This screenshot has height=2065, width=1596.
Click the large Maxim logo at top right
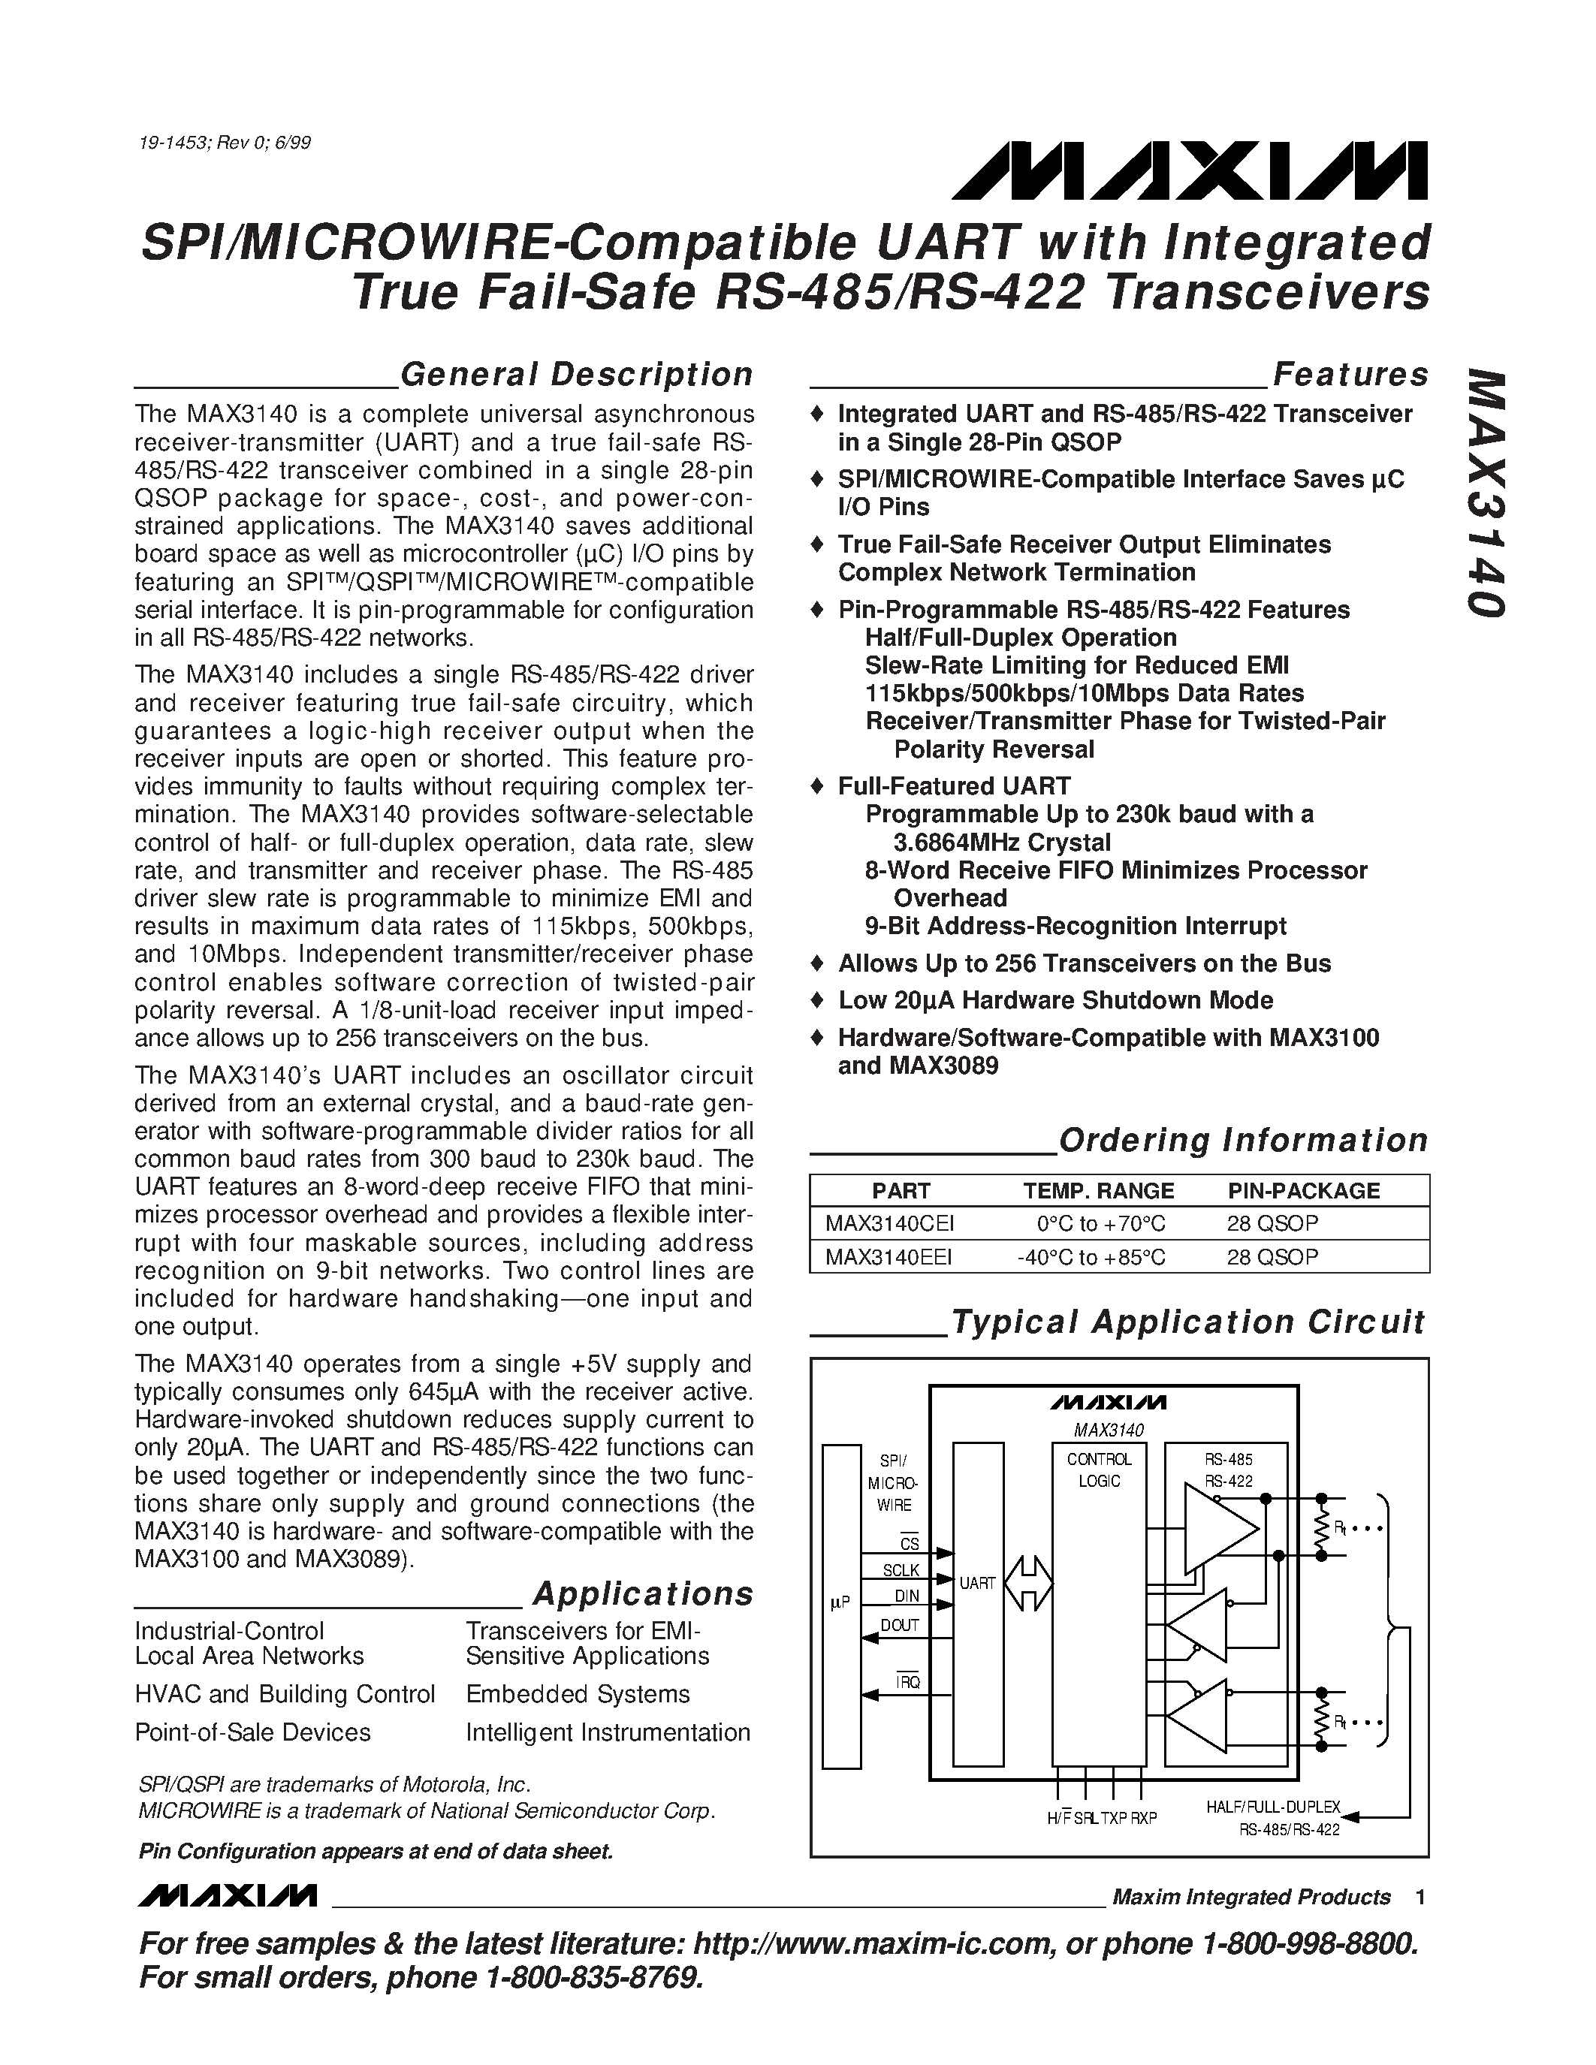click(x=1190, y=171)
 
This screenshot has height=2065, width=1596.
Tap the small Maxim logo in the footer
click(x=226, y=1896)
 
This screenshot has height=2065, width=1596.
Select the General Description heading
click(x=577, y=375)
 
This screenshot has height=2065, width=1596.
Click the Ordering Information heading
click(x=1243, y=1141)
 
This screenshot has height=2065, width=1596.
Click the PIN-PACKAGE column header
click(x=1303, y=1190)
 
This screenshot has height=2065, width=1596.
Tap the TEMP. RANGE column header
click(x=1098, y=1190)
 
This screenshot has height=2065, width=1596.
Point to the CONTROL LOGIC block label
click(x=1099, y=1470)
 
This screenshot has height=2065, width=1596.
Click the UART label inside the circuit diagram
click(x=978, y=1583)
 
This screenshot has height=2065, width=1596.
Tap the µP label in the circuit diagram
click(x=840, y=1602)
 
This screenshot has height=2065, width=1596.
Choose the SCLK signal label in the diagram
click(x=900, y=1570)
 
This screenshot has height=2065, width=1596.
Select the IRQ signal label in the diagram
click(x=908, y=1682)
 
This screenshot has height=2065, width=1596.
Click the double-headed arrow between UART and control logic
click(x=1029, y=1583)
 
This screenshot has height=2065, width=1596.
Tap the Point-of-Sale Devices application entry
click(x=252, y=1732)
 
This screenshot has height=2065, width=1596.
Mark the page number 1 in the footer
click(x=1420, y=1897)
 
